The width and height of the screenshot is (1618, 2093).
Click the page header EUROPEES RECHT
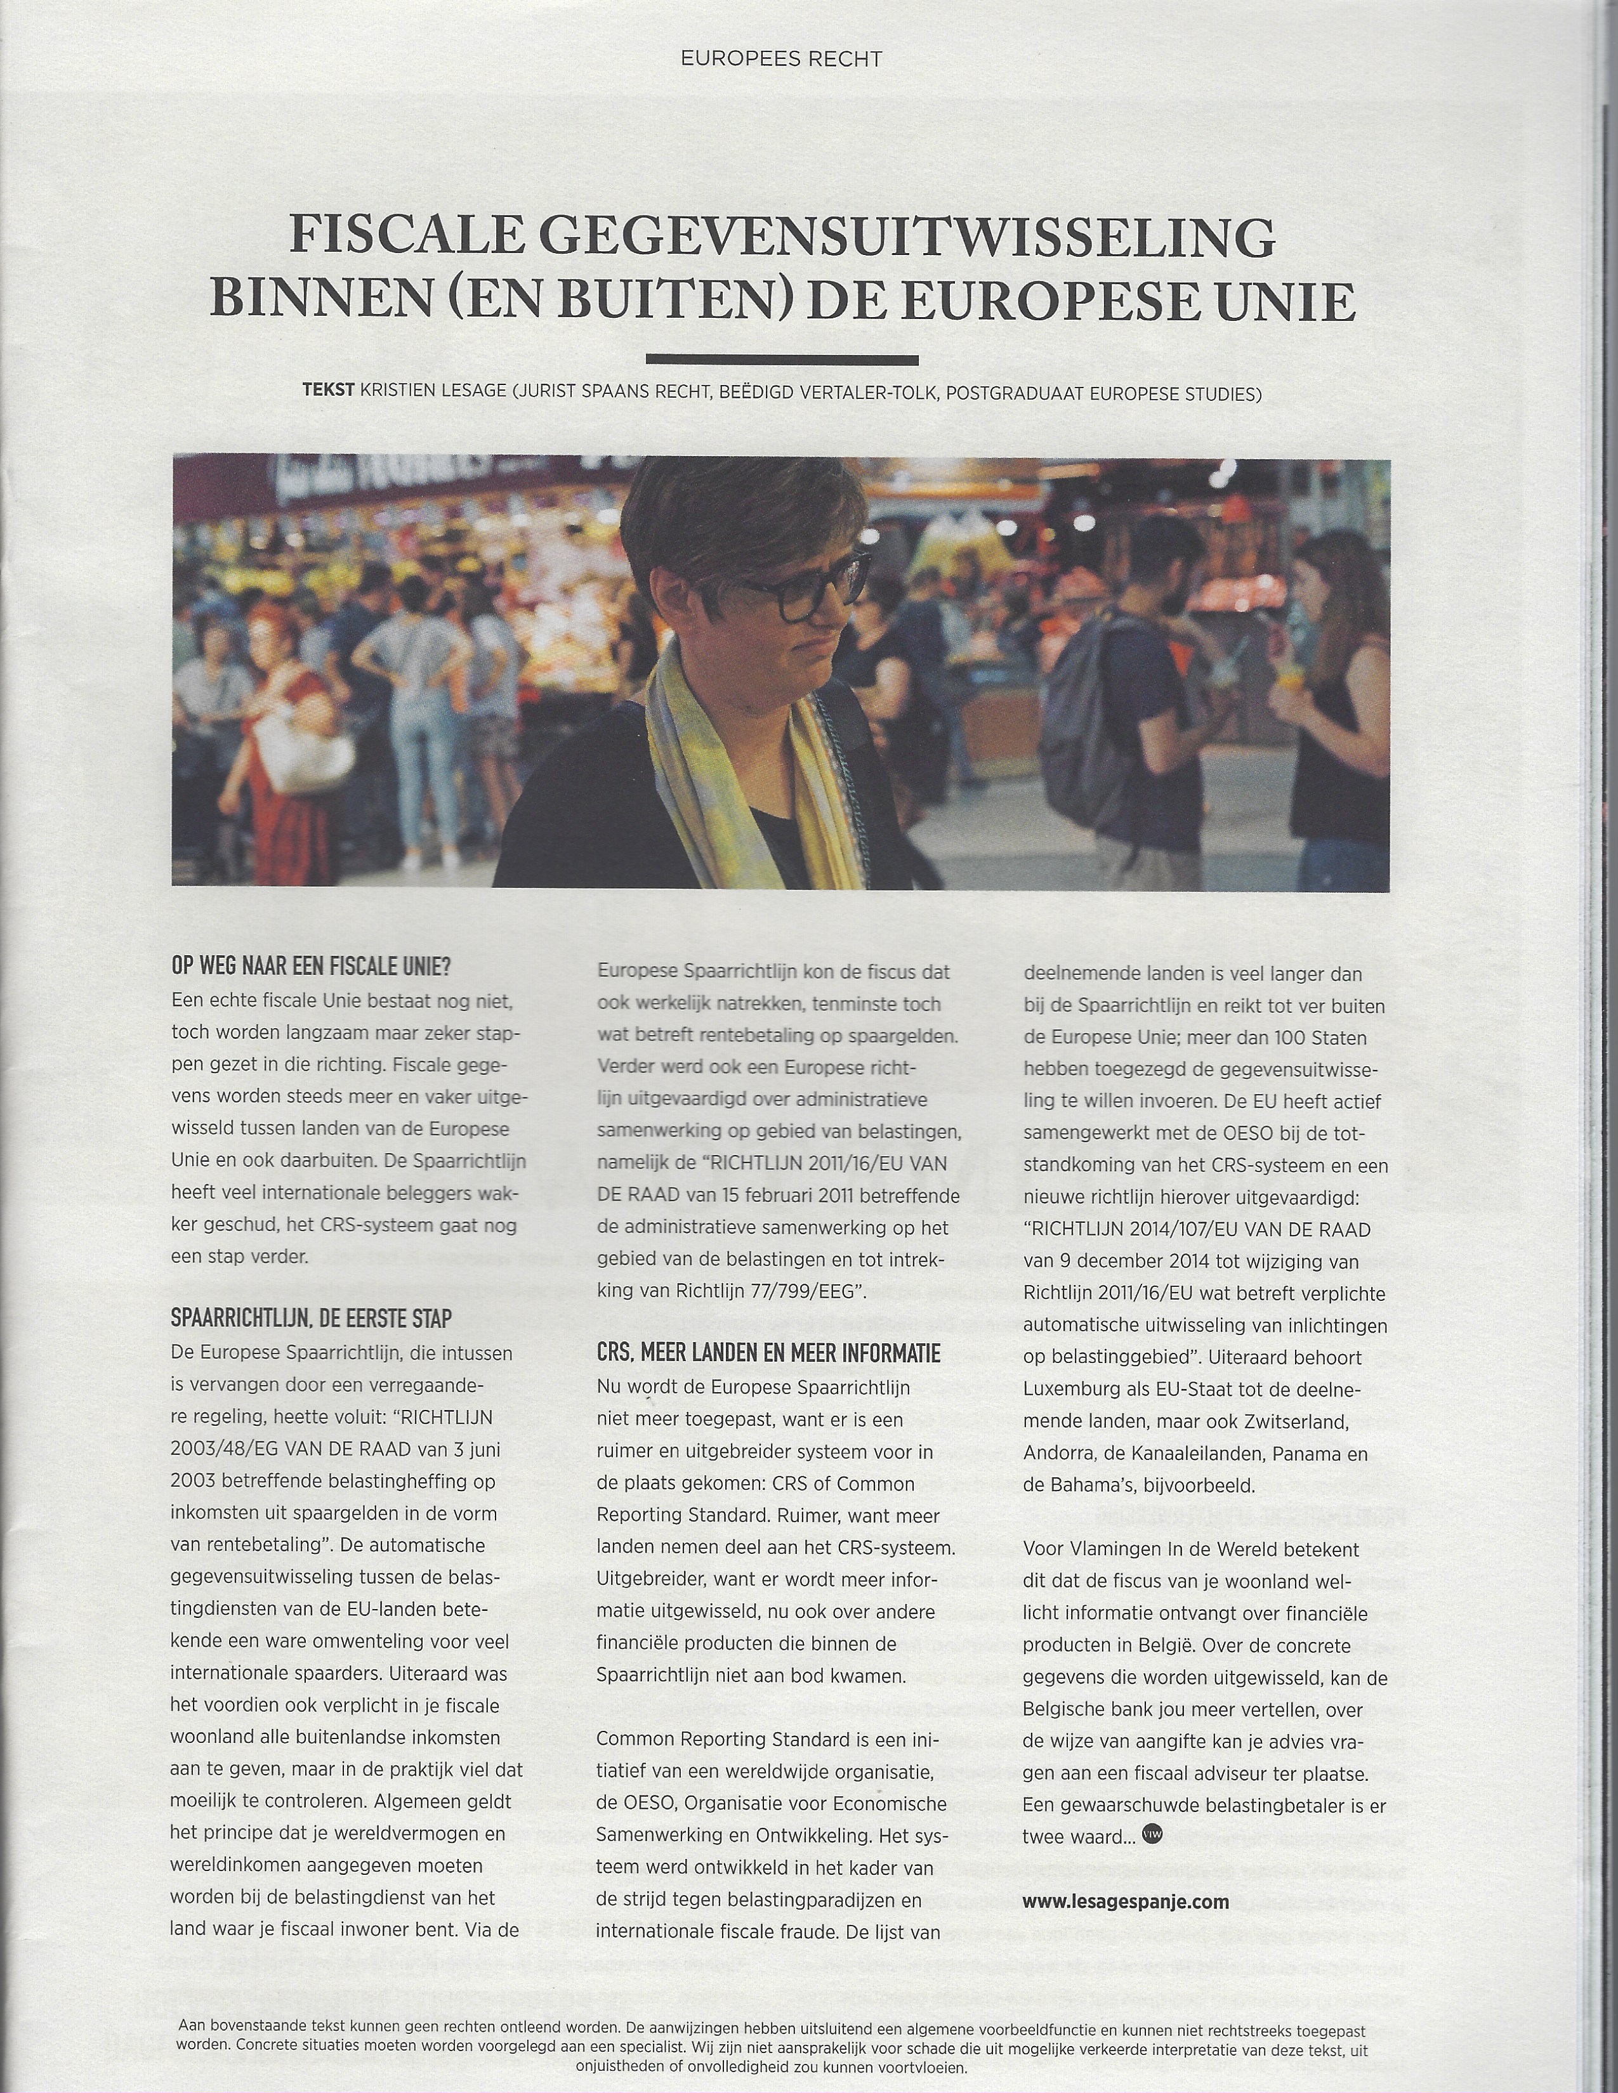(781, 60)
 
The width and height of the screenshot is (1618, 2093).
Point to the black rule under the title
(782, 360)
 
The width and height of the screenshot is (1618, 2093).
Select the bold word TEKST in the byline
(329, 392)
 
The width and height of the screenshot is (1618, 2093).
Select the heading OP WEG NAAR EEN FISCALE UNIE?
(310, 966)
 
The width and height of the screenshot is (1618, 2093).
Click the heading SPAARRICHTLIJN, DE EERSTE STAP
(310, 1319)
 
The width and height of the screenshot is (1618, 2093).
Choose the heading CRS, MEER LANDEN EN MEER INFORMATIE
(768, 1353)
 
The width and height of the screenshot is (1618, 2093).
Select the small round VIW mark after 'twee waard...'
(1152, 1834)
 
